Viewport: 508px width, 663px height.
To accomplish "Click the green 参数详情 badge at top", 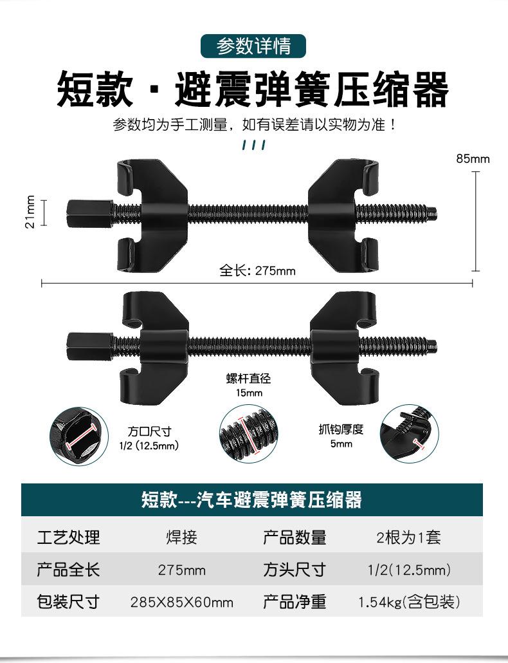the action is click(x=253, y=46).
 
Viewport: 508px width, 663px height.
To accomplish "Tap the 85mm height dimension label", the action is click(x=473, y=159).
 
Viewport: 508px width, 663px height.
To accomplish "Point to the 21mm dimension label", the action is click(x=30, y=212).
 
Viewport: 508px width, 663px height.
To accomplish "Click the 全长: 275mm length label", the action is click(x=257, y=270).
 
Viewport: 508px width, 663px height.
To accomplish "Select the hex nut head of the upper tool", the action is click(x=89, y=212).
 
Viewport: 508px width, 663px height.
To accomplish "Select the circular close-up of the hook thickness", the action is click(x=409, y=434).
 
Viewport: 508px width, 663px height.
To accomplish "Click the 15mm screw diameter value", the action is click(x=249, y=393).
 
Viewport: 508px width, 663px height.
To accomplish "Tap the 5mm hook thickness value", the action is click(x=341, y=444).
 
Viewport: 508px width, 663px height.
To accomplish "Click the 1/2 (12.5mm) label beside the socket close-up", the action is click(x=149, y=445).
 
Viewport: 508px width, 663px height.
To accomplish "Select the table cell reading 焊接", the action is click(x=181, y=537).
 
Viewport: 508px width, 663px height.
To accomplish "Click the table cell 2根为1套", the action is click(x=408, y=537).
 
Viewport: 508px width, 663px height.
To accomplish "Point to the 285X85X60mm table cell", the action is click(x=181, y=602).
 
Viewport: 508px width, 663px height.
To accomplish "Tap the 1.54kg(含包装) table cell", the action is click(x=409, y=601).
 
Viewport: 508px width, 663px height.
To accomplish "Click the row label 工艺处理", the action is click(x=68, y=537).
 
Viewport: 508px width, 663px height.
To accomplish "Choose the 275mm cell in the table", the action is click(x=181, y=570).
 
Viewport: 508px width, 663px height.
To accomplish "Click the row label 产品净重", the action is click(x=295, y=601).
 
